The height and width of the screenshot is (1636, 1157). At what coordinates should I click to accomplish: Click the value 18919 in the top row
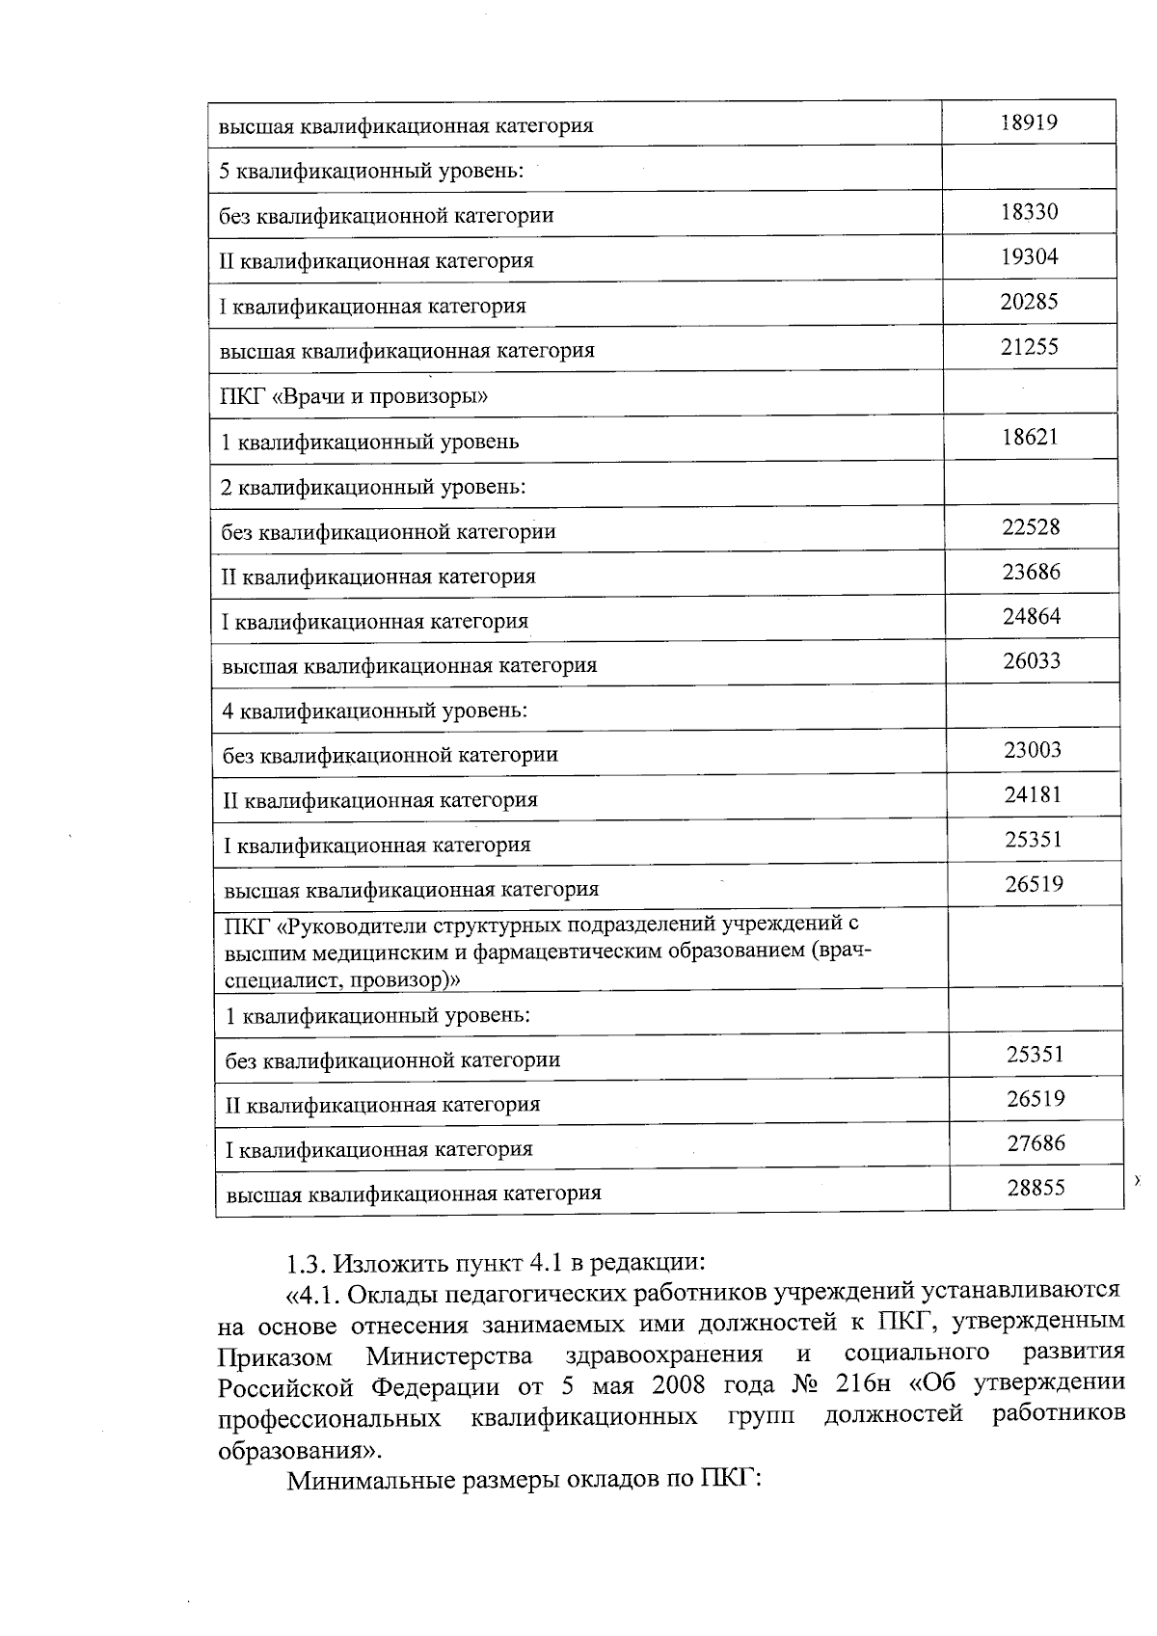click(1029, 122)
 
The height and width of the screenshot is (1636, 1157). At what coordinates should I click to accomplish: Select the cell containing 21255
click(1029, 347)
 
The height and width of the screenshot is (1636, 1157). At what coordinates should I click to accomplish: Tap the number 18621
click(1030, 437)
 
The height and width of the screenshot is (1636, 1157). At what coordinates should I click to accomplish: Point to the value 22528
click(1031, 526)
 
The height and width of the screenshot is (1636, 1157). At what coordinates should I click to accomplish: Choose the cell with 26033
click(1032, 661)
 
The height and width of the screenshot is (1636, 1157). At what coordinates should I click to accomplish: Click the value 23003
click(1033, 750)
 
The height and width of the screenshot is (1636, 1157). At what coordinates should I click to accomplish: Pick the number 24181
click(1033, 795)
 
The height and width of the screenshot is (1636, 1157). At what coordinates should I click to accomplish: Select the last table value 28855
click(1036, 1188)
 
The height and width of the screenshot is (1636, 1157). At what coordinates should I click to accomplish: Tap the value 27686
click(1036, 1143)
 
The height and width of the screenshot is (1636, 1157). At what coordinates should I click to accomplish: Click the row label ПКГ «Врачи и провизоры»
click(354, 396)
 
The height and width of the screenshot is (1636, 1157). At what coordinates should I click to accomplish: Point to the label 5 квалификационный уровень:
click(371, 171)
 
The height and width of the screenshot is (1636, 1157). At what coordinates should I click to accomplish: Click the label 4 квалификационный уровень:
click(374, 711)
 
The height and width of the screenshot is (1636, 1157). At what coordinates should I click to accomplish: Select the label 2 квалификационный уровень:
click(373, 486)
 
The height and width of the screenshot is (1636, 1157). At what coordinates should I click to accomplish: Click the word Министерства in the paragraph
click(449, 1356)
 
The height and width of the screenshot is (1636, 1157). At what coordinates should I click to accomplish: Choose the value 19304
click(1029, 256)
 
